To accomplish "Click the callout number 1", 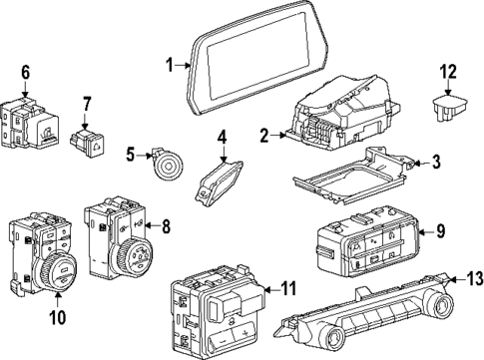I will pyautogui.click(x=171, y=66).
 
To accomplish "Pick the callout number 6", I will pyautogui.click(x=26, y=71).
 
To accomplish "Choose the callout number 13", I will pyautogui.click(x=461, y=279).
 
